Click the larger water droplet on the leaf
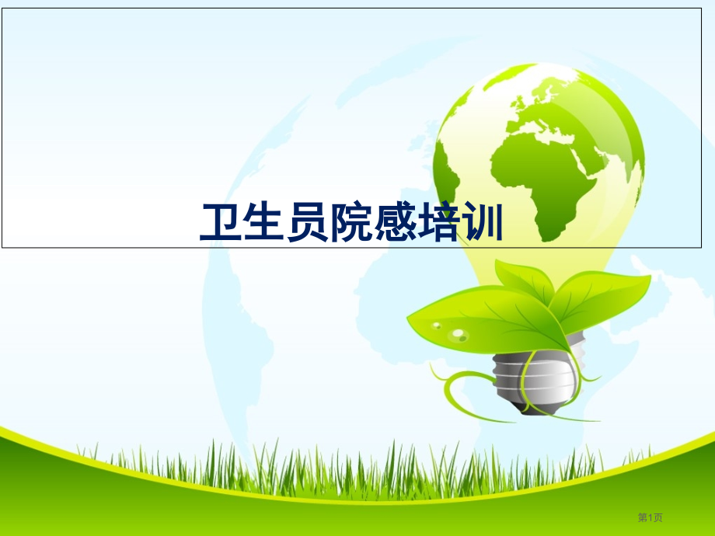pos(459,335)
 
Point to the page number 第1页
pos(650,518)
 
